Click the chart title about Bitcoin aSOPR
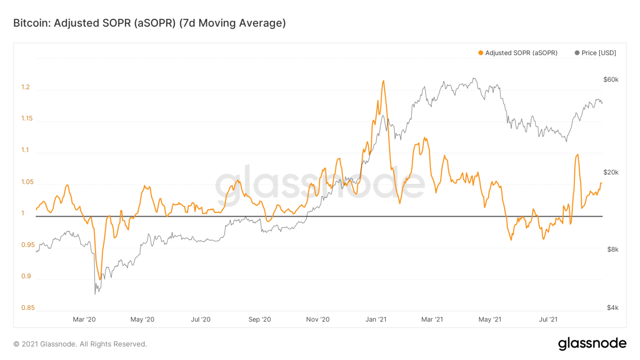[149, 23]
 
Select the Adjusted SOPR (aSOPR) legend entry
[521, 53]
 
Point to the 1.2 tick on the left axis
[25, 87]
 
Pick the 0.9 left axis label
[25, 276]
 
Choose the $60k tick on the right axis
[611, 80]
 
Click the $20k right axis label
[611, 172]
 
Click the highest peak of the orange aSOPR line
[383, 81]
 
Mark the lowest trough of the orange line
[100, 280]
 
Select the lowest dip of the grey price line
[95, 294]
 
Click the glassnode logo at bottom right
[592, 344]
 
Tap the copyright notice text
[80, 344]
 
